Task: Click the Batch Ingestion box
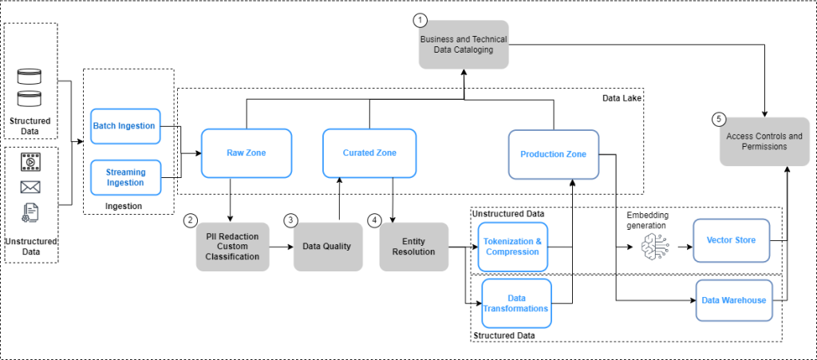coord(125,126)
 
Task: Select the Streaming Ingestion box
coord(125,177)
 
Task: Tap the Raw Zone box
coord(246,153)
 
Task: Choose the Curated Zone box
coord(369,153)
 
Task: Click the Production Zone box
coord(553,154)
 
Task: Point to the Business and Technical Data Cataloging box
coord(464,44)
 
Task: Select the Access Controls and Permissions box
coord(764,141)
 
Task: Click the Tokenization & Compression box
coord(515,246)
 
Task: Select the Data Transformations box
coord(516,303)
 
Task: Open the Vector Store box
coord(732,239)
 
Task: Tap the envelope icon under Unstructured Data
coord(30,188)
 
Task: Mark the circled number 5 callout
coord(720,120)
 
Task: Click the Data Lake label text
coord(622,97)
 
